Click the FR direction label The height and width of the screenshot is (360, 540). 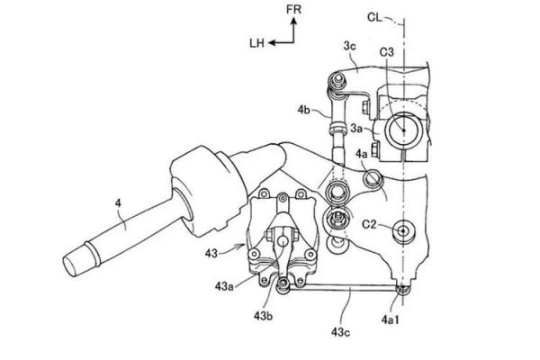293,9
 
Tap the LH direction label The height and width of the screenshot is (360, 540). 256,43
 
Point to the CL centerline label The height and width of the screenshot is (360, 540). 374,17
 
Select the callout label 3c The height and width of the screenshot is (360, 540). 349,46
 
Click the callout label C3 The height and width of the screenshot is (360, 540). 386,52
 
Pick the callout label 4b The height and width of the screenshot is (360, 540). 304,110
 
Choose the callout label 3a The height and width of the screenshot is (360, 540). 356,129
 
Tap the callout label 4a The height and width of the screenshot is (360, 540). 362,154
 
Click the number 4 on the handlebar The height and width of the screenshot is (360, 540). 118,203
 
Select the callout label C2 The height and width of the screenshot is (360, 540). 369,225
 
